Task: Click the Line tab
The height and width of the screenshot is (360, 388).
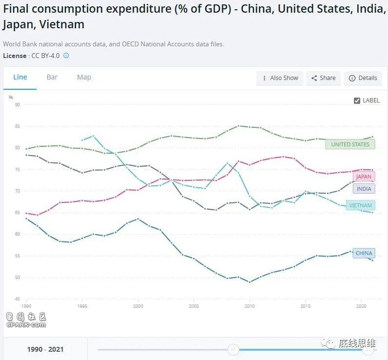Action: point(20,77)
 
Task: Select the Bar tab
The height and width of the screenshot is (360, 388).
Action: point(52,77)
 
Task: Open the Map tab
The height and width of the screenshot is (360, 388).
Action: point(84,77)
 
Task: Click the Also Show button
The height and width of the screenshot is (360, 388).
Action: point(280,78)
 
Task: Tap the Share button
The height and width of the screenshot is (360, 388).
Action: point(323,78)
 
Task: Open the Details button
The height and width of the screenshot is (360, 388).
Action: point(363,78)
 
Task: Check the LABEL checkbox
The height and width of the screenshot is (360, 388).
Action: point(357,100)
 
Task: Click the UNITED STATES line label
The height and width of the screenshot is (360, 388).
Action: point(350,144)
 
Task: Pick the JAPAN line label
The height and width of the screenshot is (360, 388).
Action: point(363,177)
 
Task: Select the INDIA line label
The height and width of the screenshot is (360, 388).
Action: point(364,189)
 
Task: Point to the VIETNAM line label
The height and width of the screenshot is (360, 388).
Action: point(360,205)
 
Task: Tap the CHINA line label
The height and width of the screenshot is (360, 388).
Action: point(364,253)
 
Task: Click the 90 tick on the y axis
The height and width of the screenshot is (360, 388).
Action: point(18,105)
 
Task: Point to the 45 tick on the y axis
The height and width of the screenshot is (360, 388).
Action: point(18,299)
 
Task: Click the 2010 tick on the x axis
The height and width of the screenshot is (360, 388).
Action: point(250,306)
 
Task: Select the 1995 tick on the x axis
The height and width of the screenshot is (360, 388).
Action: point(82,306)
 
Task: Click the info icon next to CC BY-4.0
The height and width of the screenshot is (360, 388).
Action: point(66,56)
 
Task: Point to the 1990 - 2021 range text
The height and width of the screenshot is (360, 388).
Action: point(45,349)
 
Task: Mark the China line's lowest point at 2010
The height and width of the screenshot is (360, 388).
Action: point(250,282)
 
